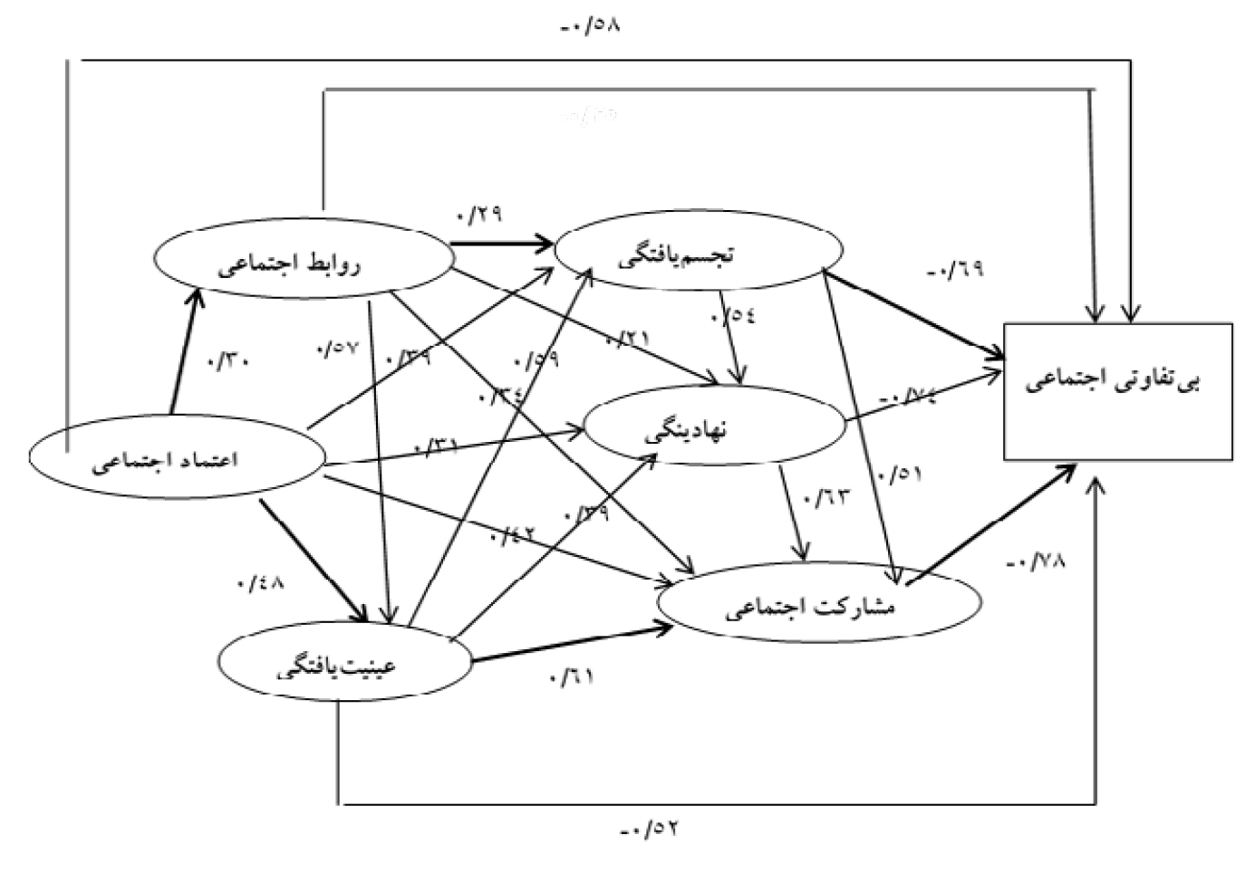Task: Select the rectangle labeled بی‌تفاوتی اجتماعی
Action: (1117, 391)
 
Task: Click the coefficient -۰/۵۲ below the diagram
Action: (650, 828)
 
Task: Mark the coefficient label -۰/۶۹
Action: (955, 270)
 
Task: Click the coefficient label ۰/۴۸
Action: (260, 582)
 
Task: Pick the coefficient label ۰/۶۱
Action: (570, 676)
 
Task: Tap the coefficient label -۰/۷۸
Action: (1035, 561)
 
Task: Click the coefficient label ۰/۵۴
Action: (733, 317)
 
